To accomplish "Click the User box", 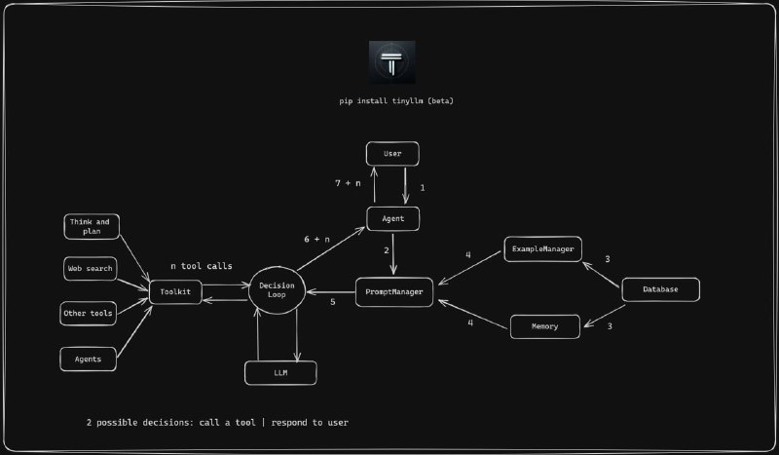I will coord(392,154).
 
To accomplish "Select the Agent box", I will coord(392,218).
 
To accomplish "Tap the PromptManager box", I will coord(394,292).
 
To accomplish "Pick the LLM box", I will coord(279,372).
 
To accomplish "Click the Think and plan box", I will coord(91,227).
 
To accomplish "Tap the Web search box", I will coord(90,268).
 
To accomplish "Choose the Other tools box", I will coord(89,314).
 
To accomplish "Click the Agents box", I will coord(89,359).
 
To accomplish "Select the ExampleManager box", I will coord(541,250).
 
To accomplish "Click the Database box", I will coord(660,289).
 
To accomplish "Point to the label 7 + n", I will coord(347,183).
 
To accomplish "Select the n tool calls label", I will coord(201,266).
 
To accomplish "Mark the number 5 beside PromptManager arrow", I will coord(332,302).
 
